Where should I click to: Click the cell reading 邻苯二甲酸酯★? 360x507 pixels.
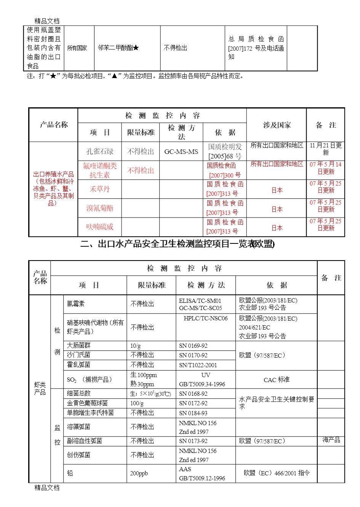click(118, 48)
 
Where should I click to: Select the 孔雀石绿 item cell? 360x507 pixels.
click(100, 151)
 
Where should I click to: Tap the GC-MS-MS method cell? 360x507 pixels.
click(181, 152)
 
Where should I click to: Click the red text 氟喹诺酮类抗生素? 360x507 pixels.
click(100, 170)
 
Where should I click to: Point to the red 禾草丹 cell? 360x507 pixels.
click(100, 189)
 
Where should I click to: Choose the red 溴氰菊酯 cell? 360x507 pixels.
click(100, 208)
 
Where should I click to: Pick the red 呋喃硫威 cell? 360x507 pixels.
click(100, 227)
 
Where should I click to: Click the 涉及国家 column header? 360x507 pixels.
click(277, 125)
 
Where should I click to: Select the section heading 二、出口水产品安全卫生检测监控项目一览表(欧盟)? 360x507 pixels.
click(178, 244)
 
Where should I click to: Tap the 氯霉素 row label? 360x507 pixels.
click(75, 304)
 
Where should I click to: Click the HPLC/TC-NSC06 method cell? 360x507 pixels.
click(206, 318)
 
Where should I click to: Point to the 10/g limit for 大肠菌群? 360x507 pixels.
click(136, 346)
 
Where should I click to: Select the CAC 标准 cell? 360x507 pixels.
click(276, 380)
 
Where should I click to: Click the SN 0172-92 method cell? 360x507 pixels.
click(193, 403)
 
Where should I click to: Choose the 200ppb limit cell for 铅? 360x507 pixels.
click(139, 473)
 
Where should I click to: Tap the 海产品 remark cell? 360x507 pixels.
click(331, 440)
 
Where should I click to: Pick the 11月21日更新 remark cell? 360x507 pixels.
click(326, 149)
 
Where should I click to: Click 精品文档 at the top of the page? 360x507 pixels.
click(47, 21)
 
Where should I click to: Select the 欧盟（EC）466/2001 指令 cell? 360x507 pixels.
click(277, 473)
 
